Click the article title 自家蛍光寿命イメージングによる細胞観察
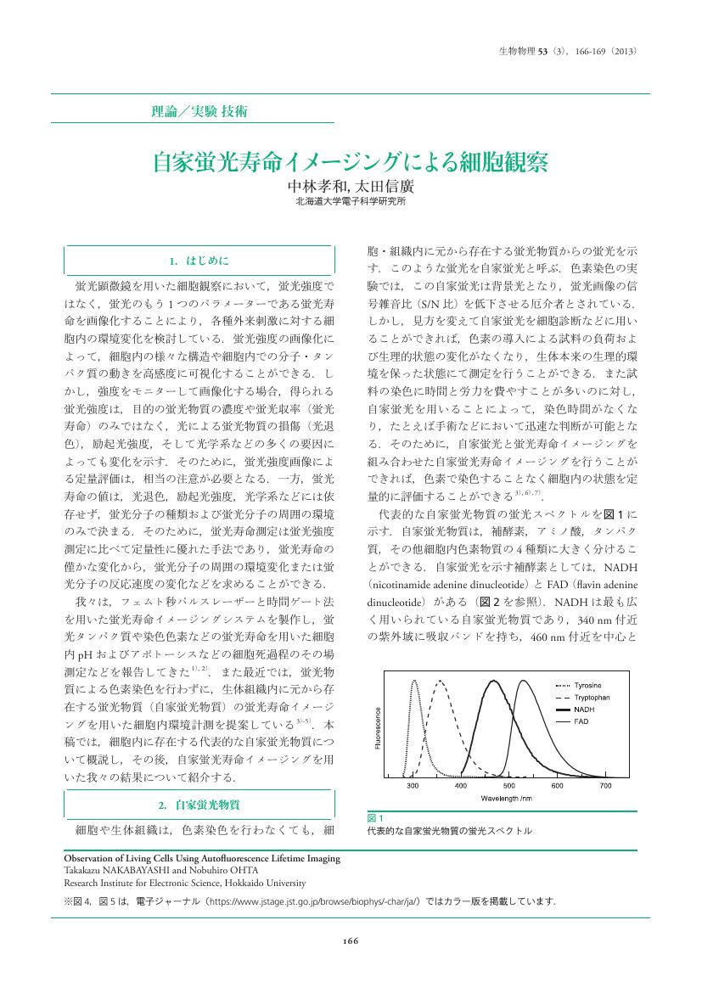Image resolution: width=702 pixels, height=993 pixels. click(350, 161)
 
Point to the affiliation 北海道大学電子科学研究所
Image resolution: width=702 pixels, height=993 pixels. click(350, 203)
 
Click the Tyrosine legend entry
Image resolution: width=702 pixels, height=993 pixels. click(587, 684)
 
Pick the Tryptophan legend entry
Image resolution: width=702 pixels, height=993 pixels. click(592, 696)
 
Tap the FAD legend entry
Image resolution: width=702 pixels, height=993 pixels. click(581, 721)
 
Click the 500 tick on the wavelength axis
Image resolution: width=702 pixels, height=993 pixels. click(509, 786)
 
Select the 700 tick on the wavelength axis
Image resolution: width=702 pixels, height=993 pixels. click(605, 786)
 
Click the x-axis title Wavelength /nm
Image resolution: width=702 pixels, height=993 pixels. click(507, 799)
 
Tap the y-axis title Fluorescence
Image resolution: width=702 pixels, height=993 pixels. click(378, 727)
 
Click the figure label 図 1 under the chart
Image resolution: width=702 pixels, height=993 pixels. click(374, 817)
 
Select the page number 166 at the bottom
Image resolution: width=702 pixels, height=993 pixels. click(351, 940)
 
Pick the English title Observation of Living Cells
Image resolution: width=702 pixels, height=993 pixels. click(202, 858)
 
